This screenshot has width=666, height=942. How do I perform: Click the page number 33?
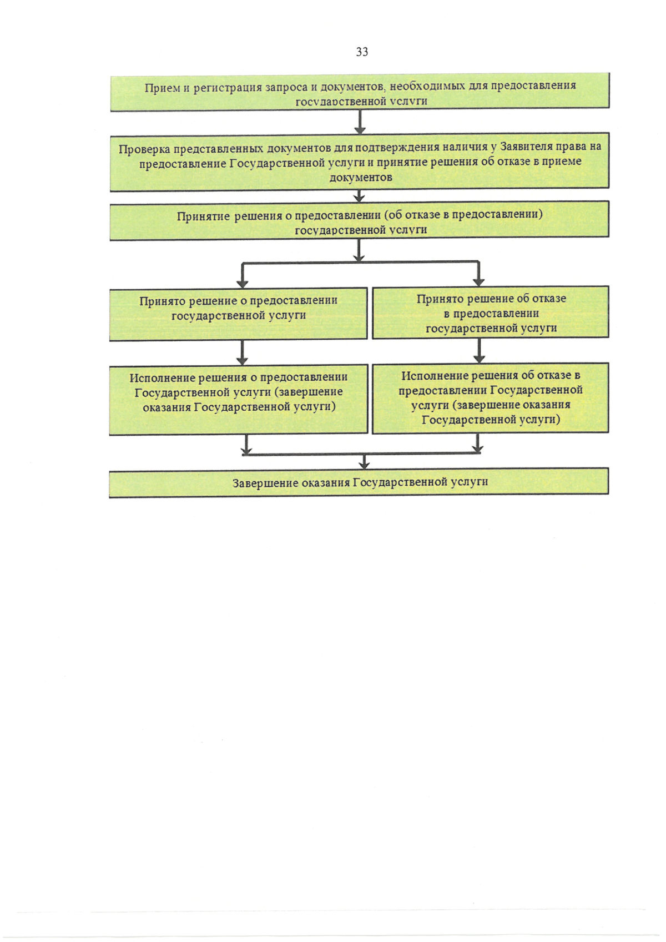click(362, 52)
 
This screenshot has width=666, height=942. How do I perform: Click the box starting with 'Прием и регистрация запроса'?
click(360, 93)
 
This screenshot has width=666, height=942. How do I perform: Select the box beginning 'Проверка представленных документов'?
click(360, 162)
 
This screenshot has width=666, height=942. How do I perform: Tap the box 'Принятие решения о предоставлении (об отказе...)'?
click(360, 221)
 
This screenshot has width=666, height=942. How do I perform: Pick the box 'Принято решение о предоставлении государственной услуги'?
click(239, 314)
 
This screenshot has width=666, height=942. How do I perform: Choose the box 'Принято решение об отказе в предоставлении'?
click(491, 313)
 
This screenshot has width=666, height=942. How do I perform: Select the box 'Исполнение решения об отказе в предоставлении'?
click(491, 398)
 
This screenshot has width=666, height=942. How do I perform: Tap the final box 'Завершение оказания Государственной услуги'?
click(360, 482)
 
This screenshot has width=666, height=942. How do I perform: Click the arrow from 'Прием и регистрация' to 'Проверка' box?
click(360, 122)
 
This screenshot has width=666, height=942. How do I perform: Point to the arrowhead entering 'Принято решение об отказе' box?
click(478, 282)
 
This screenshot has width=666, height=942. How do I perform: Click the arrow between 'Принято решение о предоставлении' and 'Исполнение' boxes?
click(242, 353)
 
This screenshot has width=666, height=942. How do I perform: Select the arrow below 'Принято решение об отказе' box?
click(478, 351)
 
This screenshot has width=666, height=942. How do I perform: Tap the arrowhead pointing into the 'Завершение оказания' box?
click(364, 465)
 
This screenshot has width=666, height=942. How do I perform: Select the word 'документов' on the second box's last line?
click(361, 178)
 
